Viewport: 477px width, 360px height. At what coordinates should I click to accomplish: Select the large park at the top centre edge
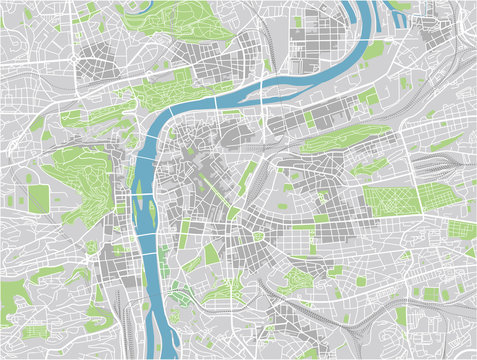(190, 16)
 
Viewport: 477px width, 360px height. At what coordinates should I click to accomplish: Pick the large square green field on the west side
(38, 198)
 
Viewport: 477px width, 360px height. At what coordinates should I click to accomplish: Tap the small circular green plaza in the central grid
(258, 236)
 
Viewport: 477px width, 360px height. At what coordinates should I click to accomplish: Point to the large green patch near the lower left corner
(36, 331)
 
